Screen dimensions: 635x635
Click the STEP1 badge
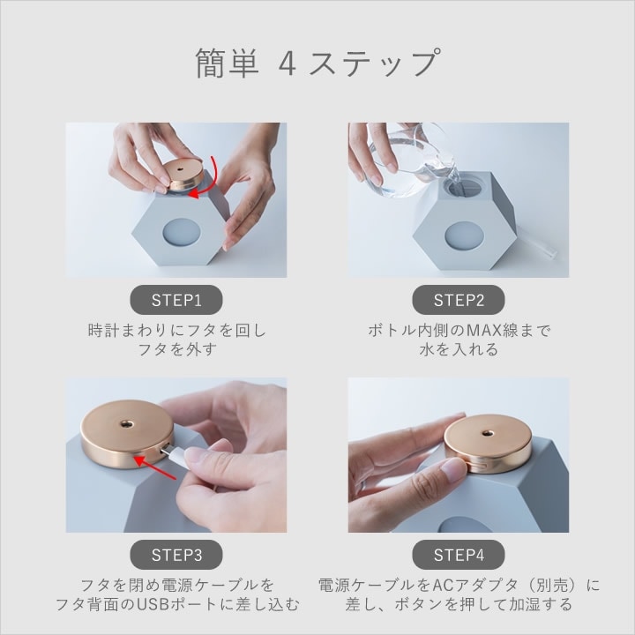(176, 300)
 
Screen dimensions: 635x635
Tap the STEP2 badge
(459, 300)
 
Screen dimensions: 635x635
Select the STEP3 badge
(176, 555)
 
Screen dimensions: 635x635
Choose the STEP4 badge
(459, 555)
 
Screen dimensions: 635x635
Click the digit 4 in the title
(288, 63)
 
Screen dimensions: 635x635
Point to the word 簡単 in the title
(227, 63)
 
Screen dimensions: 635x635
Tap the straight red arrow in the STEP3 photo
(155, 468)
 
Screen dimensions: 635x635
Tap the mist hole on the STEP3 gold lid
(125, 424)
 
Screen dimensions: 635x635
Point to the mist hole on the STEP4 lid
(486, 435)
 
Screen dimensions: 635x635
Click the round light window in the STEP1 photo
(182, 233)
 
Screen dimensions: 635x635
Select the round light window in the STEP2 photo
(464, 235)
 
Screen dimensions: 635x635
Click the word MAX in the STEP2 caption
(484, 331)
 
